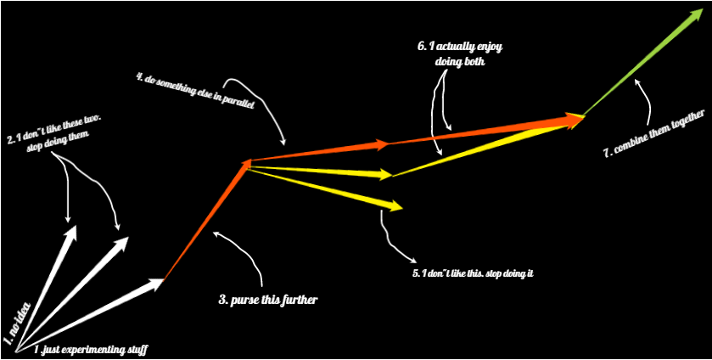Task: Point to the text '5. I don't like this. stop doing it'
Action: [x=472, y=273]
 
